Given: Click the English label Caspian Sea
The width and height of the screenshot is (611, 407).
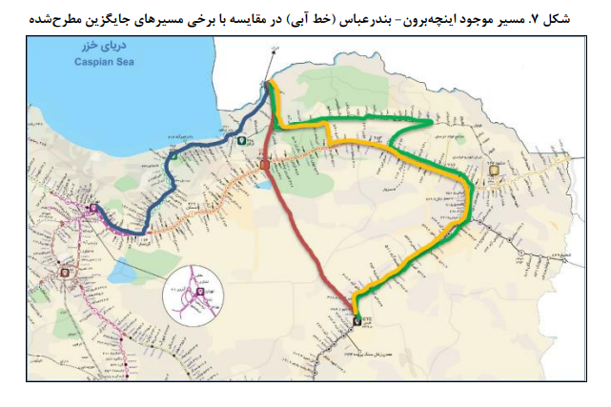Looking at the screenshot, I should [99, 63].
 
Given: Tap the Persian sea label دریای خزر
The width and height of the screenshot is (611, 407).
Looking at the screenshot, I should [98, 51].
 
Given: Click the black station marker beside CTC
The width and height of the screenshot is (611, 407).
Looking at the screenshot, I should [357, 321].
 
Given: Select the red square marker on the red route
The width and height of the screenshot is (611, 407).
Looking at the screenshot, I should [264, 166].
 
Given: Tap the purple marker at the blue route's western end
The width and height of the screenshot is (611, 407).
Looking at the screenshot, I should [92, 208].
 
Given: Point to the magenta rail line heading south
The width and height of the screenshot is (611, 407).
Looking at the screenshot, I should [91, 286].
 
